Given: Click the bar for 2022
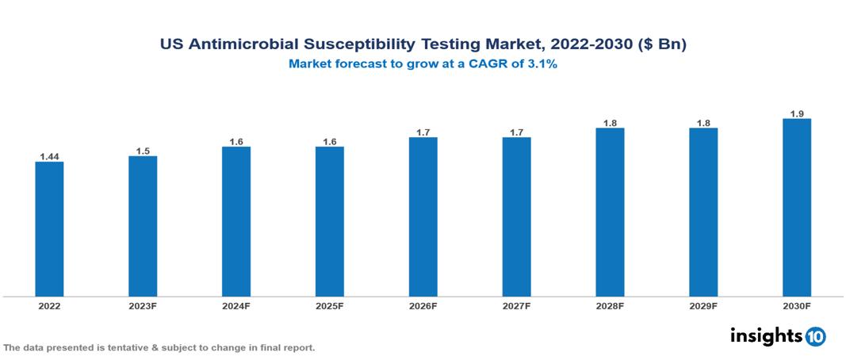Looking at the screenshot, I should pos(49,229).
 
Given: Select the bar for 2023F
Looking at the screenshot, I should pos(143,226).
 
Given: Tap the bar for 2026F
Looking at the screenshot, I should pos(423,216).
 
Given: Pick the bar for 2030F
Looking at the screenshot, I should pos(797,208).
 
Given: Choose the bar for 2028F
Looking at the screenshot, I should pos(610,212).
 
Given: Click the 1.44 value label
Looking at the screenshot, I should pos(49,156).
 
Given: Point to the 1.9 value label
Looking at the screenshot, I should pos(797,113).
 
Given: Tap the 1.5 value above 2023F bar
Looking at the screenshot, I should pos(143,151).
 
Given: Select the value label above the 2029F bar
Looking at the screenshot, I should pos(703,123).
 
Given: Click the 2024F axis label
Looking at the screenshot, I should pos(236,306).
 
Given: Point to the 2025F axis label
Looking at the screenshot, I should pos(329,306).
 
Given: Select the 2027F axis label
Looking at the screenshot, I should pos(516,306).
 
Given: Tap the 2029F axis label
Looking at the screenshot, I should pos(703,306).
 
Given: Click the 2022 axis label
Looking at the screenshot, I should pos(49,306).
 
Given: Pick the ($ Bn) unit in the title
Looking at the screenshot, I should pos(662,45).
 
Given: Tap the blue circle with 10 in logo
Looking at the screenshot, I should pos(816,336).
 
